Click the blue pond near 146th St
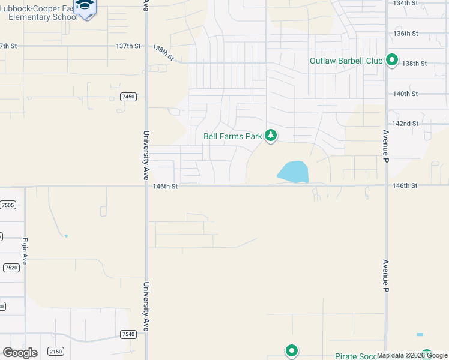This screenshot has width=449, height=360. [x=294, y=172]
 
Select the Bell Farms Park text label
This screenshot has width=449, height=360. [x=233, y=136]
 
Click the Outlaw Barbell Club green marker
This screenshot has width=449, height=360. [x=392, y=60]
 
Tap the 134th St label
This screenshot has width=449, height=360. [x=405, y=3]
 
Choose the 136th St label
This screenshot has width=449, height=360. [x=405, y=34]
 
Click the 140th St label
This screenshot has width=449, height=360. [x=405, y=94]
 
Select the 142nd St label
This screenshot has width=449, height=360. [x=405, y=124]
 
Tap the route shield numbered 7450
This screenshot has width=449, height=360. [x=128, y=97]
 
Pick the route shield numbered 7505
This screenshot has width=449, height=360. [x=8, y=205]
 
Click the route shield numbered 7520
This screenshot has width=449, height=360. [x=10, y=268]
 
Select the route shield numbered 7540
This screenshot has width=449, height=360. [x=128, y=334]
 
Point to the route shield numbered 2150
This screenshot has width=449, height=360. [x=56, y=351]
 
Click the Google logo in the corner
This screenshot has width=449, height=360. [x=20, y=352]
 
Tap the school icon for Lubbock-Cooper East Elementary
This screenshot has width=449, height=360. [x=85, y=7]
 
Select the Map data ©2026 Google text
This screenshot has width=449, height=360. [x=412, y=356]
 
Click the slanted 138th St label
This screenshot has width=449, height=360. [x=163, y=53]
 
